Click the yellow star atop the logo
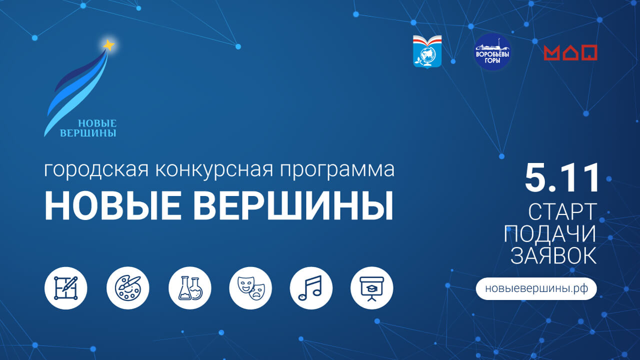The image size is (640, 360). pos(109,45)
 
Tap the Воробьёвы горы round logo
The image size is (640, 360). pos(492,52)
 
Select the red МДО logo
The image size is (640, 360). pos(570,52)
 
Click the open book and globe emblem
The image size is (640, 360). pos(427,52)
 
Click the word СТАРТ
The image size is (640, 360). pos(562,211)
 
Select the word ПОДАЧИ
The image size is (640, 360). pos(550,233)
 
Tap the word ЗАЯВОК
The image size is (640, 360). pos(553,255)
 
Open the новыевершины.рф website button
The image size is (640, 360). pos(536,288)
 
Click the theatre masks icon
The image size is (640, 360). pos(250,288)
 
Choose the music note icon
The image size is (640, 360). pos(311,288)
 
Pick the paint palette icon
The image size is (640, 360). pos(127,288)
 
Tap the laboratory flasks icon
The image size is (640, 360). pos(190,288)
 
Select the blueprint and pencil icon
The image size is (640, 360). pos(65,288)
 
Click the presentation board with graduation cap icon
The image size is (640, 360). pos(371,288)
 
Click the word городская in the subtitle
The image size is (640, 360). pos(96,170)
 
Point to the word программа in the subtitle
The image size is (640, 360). pos(337,170)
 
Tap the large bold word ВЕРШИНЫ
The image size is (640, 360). pos(293,205)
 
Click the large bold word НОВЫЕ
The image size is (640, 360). pos(113,205)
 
